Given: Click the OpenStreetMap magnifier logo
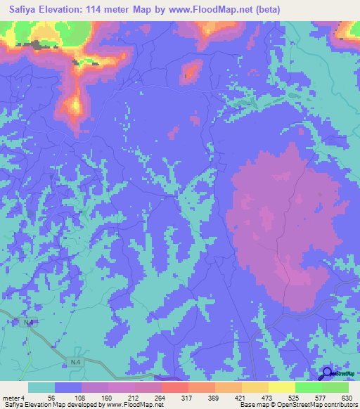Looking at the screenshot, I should click(x=328, y=375).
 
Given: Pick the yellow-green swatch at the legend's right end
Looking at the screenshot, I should click(x=335, y=387).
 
